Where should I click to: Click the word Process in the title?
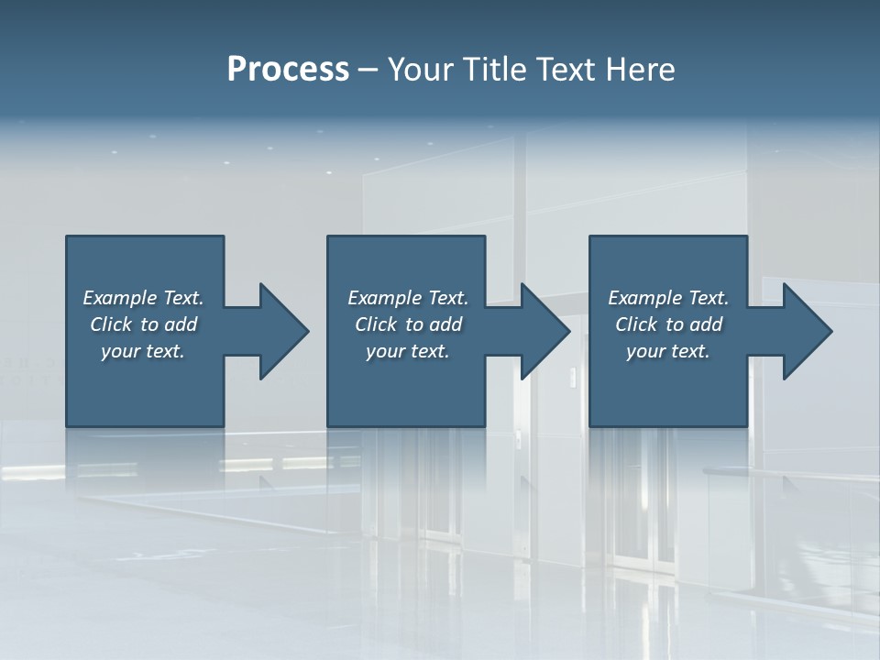(288, 70)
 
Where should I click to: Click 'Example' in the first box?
(120, 298)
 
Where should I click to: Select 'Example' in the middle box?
(385, 298)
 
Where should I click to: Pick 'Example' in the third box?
(645, 298)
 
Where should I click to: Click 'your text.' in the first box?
(143, 351)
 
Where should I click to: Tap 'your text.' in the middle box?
(407, 351)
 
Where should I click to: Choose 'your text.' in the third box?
(668, 351)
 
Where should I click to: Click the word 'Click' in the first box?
(111, 324)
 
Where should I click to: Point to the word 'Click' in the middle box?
(376, 324)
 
